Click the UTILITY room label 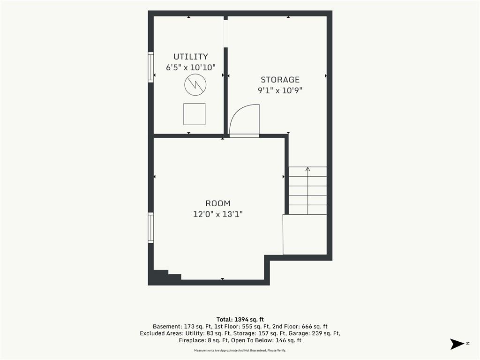click(x=191, y=57)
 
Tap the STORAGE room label click(x=280, y=80)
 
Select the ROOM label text click(x=218, y=203)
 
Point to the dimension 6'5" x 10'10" click(x=191, y=67)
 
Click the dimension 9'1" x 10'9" click(x=280, y=90)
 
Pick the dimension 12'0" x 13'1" click(x=218, y=214)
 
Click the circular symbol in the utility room click(x=195, y=84)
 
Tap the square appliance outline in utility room click(x=195, y=114)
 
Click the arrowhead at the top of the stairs click(x=307, y=169)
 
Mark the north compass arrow click(x=457, y=344)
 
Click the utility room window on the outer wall click(x=150, y=67)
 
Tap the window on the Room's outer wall click(x=150, y=228)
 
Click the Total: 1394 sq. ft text click(x=240, y=320)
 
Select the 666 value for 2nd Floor click(x=307, y=326)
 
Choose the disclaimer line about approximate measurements click(x=240, y=350)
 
